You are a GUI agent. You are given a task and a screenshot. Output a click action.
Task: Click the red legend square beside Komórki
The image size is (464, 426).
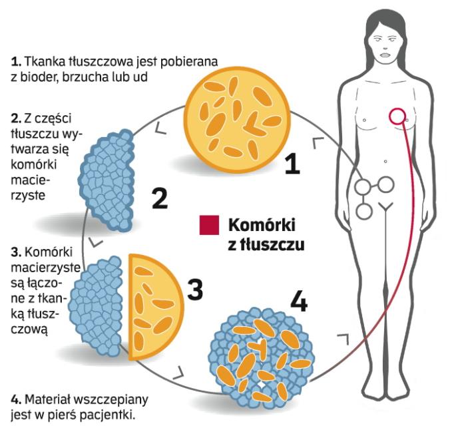pos(208,225)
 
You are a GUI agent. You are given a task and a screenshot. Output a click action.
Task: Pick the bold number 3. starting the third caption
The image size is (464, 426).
pos(15,252)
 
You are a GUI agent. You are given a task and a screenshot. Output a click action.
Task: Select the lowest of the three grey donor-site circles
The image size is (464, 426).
pos(364,211)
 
